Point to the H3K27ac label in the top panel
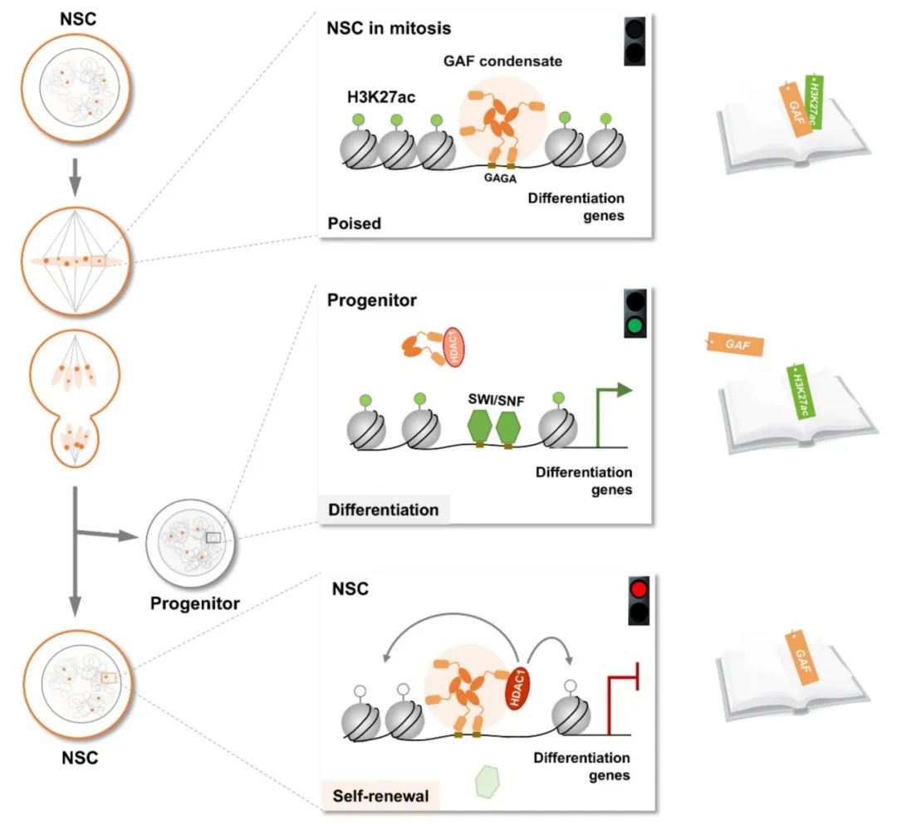click(x=380, y=98)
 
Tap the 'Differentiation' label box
click(x=384, y=510)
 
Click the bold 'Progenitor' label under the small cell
click(x=194, y=603)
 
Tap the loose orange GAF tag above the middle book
click(x=735, y=344)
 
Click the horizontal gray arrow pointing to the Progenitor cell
click(x=108, y=535)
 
